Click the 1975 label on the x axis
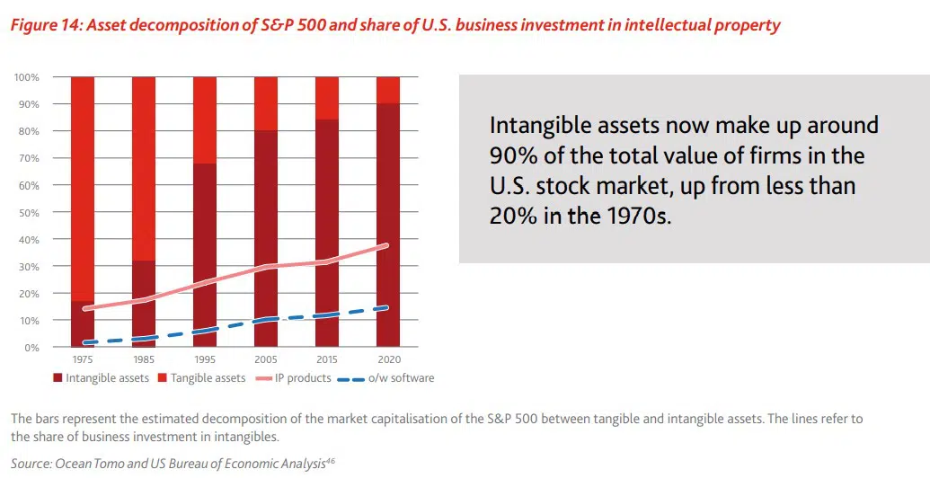pyautogui.click(x=82, y=358)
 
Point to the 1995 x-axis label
pyautogui.click(x=204, y=358)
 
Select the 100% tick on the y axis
pyautogui.click(x=27, y=78)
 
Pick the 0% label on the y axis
pyautogui.click(x=32, y=348)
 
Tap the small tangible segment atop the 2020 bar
pyautogui.click(x=388, y=90)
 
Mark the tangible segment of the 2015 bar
pyautogui.click(x=327, y=98)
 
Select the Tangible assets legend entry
pyautogui.click(x=202, y=378)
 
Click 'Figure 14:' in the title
pyautogui.click(x=44, y=26)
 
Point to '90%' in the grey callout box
pyautogui.click(x=515, y=156)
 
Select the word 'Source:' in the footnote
pyautogui.click(x=31, y=463)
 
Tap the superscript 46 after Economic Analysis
pyautogui.click(x=329, y=459)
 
